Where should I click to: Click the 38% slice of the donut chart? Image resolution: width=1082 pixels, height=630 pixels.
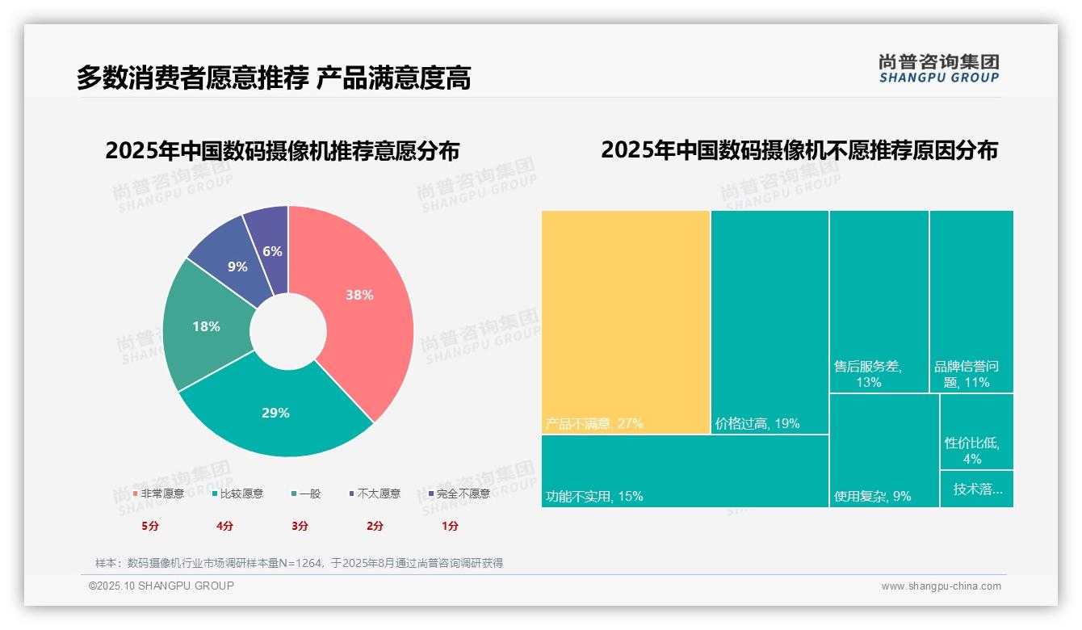coord(359,296)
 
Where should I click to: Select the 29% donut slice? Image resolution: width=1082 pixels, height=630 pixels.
coord(275,413)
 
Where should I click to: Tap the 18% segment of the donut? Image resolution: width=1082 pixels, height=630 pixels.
coord(206,326)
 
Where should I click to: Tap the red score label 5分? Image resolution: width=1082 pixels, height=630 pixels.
coord(150,526)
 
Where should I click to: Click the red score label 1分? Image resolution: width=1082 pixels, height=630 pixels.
coord(450,526)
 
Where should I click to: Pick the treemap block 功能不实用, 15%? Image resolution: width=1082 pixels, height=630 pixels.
coord(685,471)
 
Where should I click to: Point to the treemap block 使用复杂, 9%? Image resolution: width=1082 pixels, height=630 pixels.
coord(884,450)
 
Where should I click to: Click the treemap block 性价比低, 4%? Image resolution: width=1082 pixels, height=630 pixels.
coord(976,432)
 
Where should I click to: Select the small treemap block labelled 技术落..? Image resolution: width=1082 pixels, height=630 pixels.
coord(977,489)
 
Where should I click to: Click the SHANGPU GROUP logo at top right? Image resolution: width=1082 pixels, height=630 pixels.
coord(939,68)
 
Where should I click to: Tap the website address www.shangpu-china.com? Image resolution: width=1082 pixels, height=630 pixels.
coord(941,586)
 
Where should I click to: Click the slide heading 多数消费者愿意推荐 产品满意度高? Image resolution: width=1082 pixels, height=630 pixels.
coord(274,78)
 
